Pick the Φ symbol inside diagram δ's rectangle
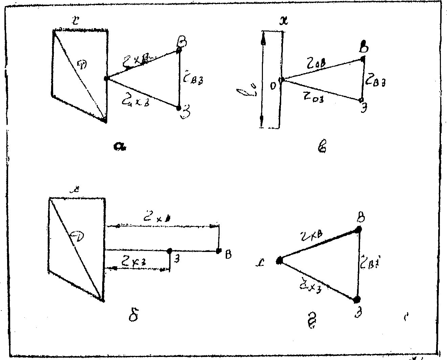coord(76,234)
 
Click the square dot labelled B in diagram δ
coord(219,251)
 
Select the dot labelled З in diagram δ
coord(170,251)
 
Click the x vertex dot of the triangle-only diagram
coord(279,260)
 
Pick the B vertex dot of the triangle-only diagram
coord(359,229)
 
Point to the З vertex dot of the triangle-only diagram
coord(357,299)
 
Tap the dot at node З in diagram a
coord(178,108)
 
